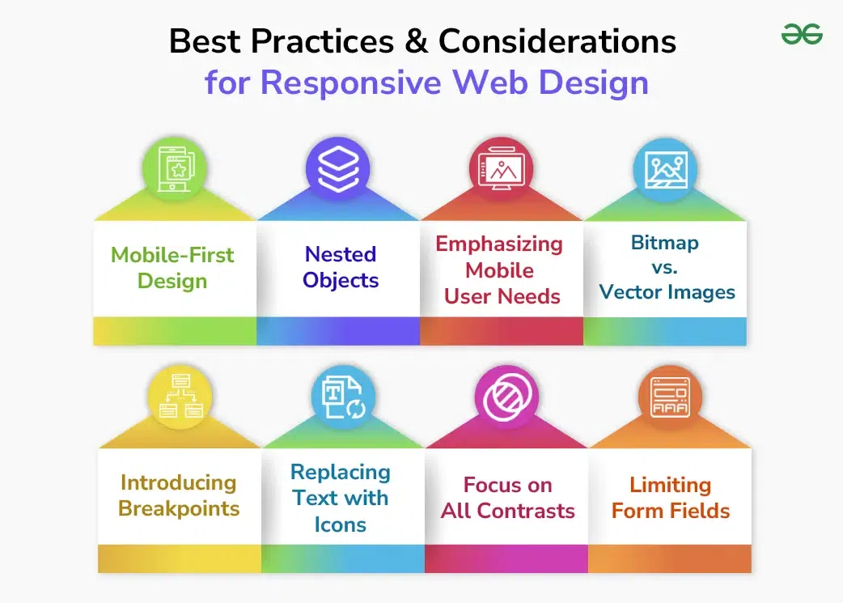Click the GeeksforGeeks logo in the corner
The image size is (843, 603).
(802, 34)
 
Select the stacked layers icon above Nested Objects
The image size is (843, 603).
(337, 168)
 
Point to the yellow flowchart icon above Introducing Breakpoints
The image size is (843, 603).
(180, 397)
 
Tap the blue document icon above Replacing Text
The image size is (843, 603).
(343, 397)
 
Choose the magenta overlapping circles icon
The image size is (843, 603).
(506, 397)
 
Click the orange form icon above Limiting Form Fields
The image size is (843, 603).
(670, 397)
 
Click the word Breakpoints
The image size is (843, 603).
(179, 509)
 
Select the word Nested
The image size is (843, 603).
(341, 254)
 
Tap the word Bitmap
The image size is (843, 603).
(664, 242)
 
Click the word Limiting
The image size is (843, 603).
(670, 485)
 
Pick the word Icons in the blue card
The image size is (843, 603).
(341, 524)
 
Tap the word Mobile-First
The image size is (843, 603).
(172, 255)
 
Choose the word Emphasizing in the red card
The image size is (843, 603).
(499, 244)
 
